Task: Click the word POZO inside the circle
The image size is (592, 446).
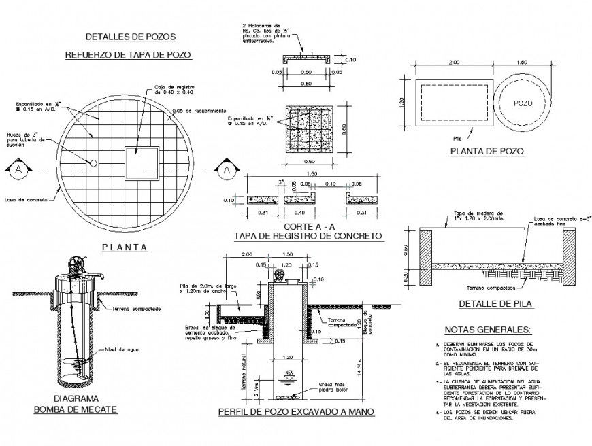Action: pos(523,105)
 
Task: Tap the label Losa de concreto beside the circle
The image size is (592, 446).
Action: pos(24,200)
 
